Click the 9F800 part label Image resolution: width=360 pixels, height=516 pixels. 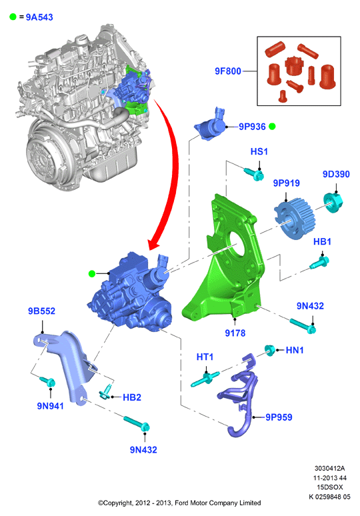click(x=228, y=71)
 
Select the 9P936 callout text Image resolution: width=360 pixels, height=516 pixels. click(x=252, y=127)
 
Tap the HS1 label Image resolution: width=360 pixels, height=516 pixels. click(x=259, y=151)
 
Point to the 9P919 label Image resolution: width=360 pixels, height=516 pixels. click(x=286, y=183)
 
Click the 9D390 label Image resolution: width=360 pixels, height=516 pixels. click(x=336, y=174)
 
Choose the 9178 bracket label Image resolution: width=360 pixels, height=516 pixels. click(x=235, y=333)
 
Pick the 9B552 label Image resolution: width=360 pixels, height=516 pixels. click(x=41, y=311)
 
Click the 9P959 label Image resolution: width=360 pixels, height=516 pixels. click(x=279, y=417)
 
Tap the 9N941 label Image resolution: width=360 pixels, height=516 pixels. click(x=50, y=406)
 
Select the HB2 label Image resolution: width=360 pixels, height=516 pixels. click(x=131, y=397)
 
